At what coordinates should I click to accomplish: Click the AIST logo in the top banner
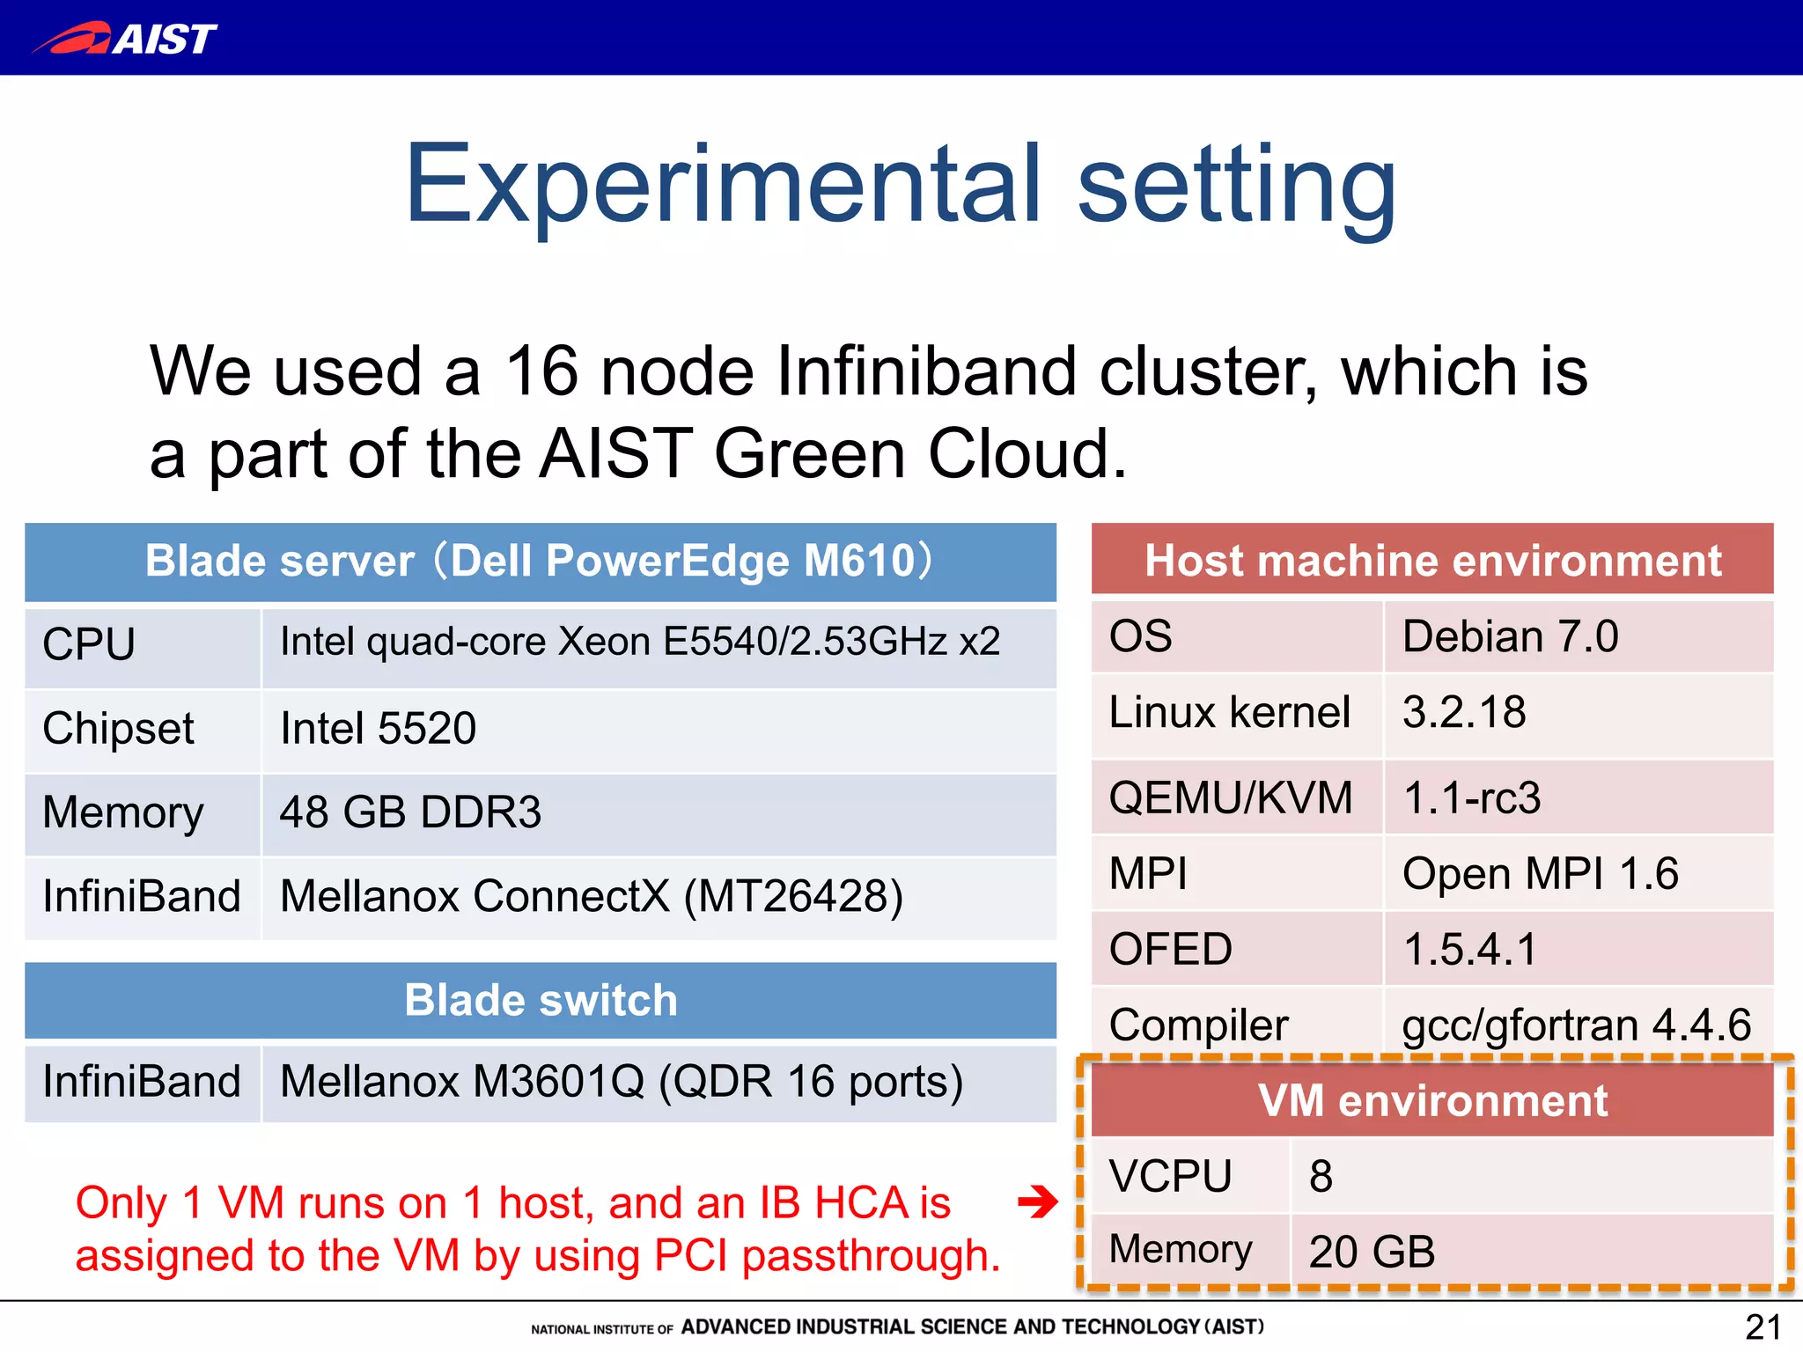(125, 38)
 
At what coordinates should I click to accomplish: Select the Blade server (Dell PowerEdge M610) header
(540, 562)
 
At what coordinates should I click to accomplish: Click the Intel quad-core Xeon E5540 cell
(640, 642)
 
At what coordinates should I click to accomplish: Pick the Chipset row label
(119, 729)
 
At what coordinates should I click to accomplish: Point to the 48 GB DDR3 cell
(410, 812)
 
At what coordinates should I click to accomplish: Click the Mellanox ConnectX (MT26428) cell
(592, 897)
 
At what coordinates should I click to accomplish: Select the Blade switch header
(541, 1001)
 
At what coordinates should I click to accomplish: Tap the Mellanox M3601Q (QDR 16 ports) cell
(622, 1082)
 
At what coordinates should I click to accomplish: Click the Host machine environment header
(1432, 561)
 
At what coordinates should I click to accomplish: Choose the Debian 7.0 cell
(1510, 636)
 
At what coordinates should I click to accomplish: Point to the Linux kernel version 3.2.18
(1464, 712)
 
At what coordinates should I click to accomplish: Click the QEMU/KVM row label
(1231, 798)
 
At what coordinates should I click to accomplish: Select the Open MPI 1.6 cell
(1541, 874)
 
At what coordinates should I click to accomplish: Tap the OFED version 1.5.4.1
(1469, 950)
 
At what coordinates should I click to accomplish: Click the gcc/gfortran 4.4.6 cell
(1576, 1025)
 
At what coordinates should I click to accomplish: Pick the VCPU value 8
(1321, 1177)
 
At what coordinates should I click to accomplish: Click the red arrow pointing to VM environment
(1037, 1201)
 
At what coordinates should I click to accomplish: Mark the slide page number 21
(1763, 1326)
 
